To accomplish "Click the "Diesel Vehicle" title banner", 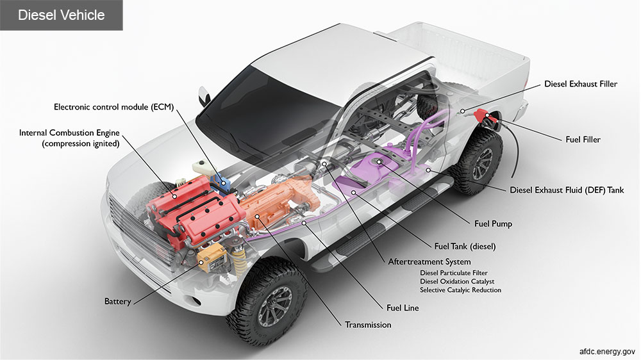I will click(x=61, y=15).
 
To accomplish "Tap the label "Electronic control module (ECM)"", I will click(x=114, y=107).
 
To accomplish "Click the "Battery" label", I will click(x=117, y=301).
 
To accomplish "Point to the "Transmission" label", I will click(x=368, y=325).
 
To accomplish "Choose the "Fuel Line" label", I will click(x=403, y=308).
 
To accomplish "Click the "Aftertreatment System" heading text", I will click(x=429, y=262).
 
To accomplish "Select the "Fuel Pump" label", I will click(x=493, y=224).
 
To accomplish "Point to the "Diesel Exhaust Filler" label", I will click(x=581, y=84).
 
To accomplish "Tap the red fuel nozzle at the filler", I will click(x=481, y=116).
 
